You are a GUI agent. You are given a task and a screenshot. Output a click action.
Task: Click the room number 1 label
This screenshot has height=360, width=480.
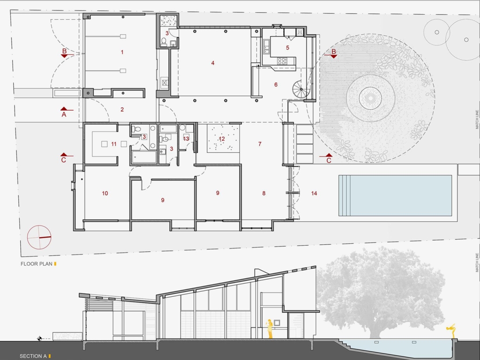pos(122,52)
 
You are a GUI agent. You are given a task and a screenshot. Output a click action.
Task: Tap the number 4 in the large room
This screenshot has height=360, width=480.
pos(213,63)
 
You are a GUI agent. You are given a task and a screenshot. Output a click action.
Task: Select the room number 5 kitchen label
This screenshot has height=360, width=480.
pos(287,47)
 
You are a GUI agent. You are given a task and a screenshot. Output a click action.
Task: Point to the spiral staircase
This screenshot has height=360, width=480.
pos(301,89)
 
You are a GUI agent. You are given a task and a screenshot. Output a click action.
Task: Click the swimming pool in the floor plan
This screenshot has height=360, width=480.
pos(395,195)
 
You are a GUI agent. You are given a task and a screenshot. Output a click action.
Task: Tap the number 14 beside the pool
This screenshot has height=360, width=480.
pos(314,193)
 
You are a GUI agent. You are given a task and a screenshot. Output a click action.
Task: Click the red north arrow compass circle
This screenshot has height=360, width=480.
pos(39,237)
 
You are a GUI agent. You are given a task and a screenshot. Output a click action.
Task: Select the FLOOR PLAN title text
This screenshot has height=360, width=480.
pos(37,264)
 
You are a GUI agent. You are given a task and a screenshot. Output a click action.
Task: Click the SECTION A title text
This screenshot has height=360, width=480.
pos(33,356)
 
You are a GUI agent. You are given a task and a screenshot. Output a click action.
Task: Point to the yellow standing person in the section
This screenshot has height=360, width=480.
pos(270,329)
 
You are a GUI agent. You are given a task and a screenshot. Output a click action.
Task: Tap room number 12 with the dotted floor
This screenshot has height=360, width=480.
pos(222,139)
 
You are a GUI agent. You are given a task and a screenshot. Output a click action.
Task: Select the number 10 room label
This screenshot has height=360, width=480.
pos(105,193)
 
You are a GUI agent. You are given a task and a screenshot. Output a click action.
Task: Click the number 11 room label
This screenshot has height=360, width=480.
pos(114,144)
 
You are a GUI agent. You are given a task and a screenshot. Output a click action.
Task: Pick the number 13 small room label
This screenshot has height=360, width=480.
pos(186,139)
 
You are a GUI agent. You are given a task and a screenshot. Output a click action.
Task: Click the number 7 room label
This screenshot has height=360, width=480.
pos(260,143)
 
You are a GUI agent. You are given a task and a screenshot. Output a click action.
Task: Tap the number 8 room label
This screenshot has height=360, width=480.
pos(264,193)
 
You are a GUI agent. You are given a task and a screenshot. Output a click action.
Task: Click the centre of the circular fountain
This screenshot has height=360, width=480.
pos(370,98)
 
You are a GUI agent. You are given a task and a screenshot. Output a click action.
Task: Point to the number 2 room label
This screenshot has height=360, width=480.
pos(122,109)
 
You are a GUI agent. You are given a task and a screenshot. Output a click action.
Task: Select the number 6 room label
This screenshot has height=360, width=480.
pos(276,84)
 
